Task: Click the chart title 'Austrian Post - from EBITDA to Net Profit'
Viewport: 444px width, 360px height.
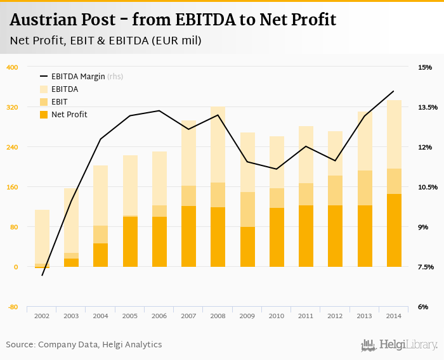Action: tap(173, 20)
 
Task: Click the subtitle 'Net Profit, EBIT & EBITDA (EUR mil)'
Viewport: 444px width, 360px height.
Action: tap(105, 41)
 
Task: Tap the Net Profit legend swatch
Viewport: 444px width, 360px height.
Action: tap(44, 115)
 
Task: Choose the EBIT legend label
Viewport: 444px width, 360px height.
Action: tap(60, 102)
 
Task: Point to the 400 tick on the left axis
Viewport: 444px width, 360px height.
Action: tap(12, 67)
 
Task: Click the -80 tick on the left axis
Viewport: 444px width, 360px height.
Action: tap(12, 307)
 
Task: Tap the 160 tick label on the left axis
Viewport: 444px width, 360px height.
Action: tap(12, 187)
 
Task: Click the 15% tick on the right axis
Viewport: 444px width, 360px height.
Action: tap(424, 67)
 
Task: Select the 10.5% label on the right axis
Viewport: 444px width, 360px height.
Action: tap(424, 187)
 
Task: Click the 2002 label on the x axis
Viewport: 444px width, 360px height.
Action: tap(42, 316)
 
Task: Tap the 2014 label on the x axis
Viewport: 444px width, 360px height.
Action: tap(394, 316)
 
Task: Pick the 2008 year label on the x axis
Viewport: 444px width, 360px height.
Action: tap(218, 316)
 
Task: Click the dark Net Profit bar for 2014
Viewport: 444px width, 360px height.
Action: tap(394, 230)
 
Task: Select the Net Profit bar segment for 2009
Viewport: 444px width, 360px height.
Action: tap(247, 247)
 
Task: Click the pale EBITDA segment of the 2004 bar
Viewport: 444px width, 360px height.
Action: tap(100, 195)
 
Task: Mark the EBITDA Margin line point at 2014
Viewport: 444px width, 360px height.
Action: tap(394, 91)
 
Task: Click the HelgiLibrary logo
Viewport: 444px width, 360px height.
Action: tap(400, 345)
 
